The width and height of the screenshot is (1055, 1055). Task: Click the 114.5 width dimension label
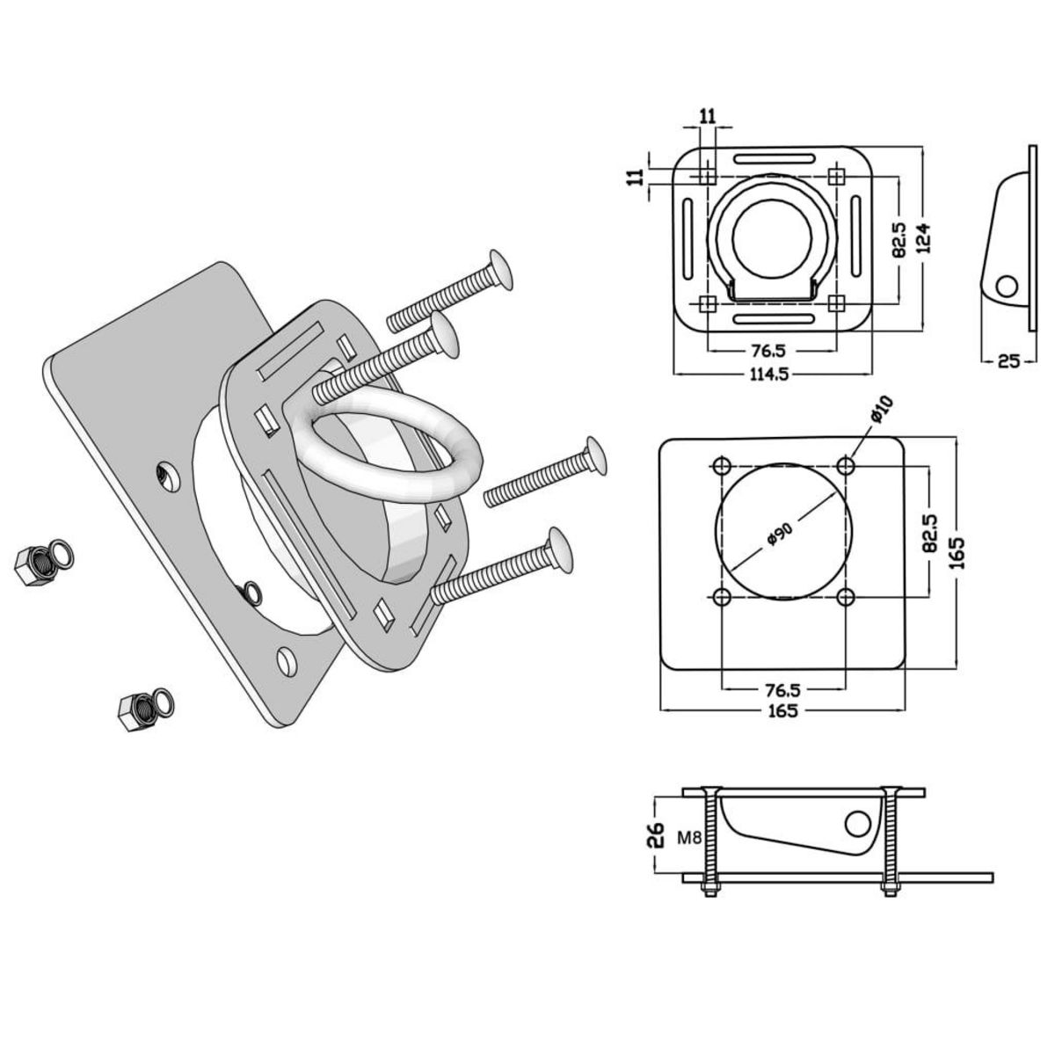[x=769, y=375]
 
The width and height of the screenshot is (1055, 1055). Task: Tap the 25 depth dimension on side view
[x=1009, y=360]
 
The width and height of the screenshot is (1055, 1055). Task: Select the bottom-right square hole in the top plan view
[x=836, y=303]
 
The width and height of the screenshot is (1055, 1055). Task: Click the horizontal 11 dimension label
[x=709, y=115]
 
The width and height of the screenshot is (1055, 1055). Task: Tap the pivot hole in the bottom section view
[x=855, y=824]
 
